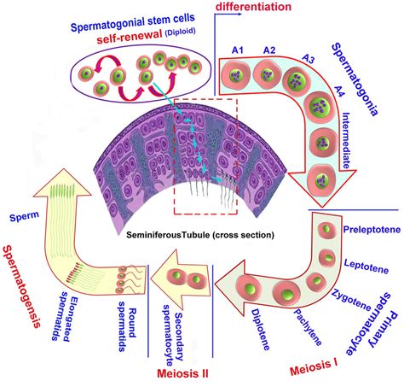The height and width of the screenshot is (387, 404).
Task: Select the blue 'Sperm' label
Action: point(23,218)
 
